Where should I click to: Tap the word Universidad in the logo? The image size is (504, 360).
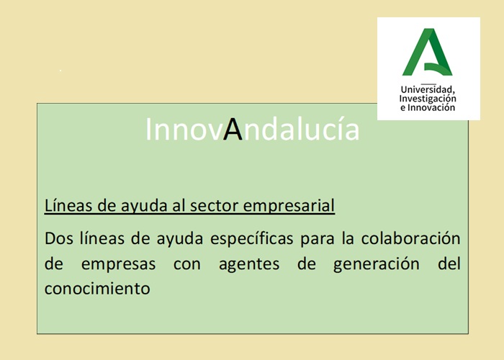click(428, 89)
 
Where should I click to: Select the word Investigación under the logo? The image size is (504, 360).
click(428, 99)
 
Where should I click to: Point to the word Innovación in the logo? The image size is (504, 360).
click(431, 107)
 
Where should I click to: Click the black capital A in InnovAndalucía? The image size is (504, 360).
click(233, 129)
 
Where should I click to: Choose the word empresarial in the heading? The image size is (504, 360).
click(289, 206)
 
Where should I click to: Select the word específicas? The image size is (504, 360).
click(252, 239)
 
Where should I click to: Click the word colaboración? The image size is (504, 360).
click(411, 238)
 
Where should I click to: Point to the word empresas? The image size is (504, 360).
click(118, 265)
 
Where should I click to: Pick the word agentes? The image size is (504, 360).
click(249, 265)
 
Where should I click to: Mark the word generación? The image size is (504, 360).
click(377, 264)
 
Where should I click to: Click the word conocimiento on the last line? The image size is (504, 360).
click(97, 289)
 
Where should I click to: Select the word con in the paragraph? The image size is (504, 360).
click(187, 265)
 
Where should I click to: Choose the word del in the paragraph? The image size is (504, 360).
click(449, 264)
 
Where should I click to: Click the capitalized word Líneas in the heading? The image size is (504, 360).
click(68, 205)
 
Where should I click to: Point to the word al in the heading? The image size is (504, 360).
click(177, 205)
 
